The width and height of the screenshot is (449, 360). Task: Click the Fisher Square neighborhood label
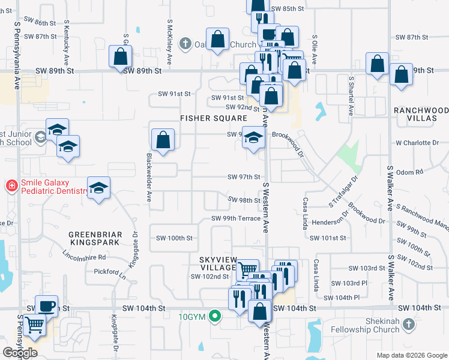pos(214,118)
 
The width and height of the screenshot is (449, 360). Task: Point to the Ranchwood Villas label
pos(421,115)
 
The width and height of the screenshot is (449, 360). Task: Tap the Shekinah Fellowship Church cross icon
pos(408,325)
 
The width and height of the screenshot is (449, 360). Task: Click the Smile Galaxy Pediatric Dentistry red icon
pos(11,186)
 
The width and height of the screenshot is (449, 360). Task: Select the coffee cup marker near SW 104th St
pos(46,305)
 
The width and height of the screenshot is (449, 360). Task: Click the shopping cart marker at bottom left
pos(36,326)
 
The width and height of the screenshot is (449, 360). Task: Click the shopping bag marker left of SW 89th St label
pos(120,57)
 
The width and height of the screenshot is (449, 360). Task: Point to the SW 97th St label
pos(244,177)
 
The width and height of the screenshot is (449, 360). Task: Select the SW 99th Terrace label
pos(236,218)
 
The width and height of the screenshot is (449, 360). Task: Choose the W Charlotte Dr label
pos(418,143)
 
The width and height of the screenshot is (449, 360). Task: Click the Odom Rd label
pos(410,172)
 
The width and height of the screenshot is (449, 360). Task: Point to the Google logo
pos(20,353)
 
